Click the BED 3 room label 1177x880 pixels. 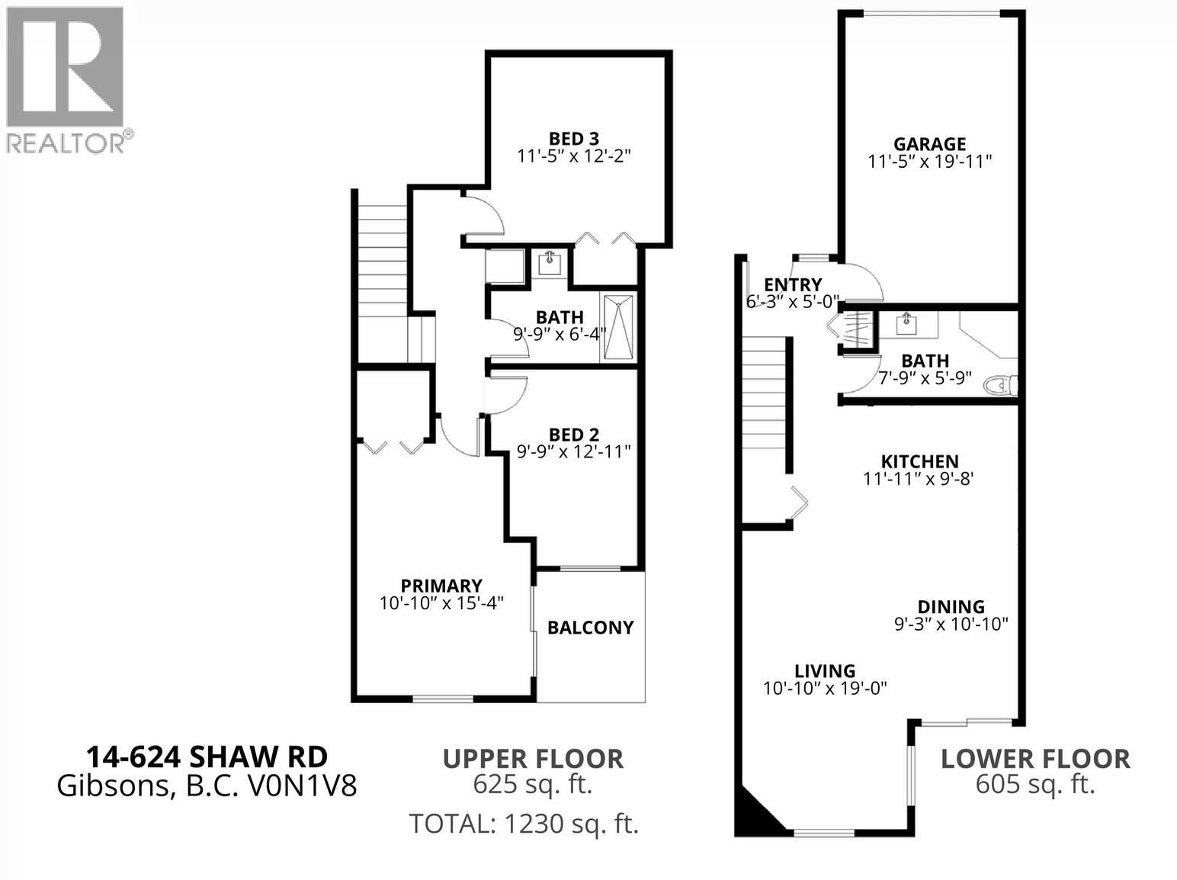pyautogui.click(x=574, y=139)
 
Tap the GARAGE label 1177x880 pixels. pyautogui.click(x=930, y=143)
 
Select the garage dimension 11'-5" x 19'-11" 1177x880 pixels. pyautogui.click(x=930, y=162)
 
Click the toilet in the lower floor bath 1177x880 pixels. pyautogui.click(x=1000, y=385)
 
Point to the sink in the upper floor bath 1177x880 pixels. pyautogui.click(x=550, y=264)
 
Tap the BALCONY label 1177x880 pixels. pyautogui.click(x=590, y=628)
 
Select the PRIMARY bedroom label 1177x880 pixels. pyautogui.click(x=441, y=585)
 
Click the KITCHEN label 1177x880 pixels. pyautogui.click(x=919, y=461)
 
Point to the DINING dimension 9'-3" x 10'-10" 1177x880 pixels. pyautogui.click(x=951, y=624)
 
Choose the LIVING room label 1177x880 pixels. pyautogui.click(x=825, y=670)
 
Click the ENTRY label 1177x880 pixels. pyautogui.click(x=793, y=284)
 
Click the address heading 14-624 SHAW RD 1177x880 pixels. pyautogui.click(x=207, y=757)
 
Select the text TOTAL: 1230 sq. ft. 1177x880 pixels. pyautogui.click(x=524, y=823)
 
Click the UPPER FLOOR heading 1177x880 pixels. pyautogui.click(x=533, y=759)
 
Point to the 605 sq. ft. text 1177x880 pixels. pyautogui.click(x=1035, y=784)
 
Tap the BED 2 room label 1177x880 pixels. pyautogui.click(x=574, y=434)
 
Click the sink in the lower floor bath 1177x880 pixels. pyautogui.click(x=906, y=324)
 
